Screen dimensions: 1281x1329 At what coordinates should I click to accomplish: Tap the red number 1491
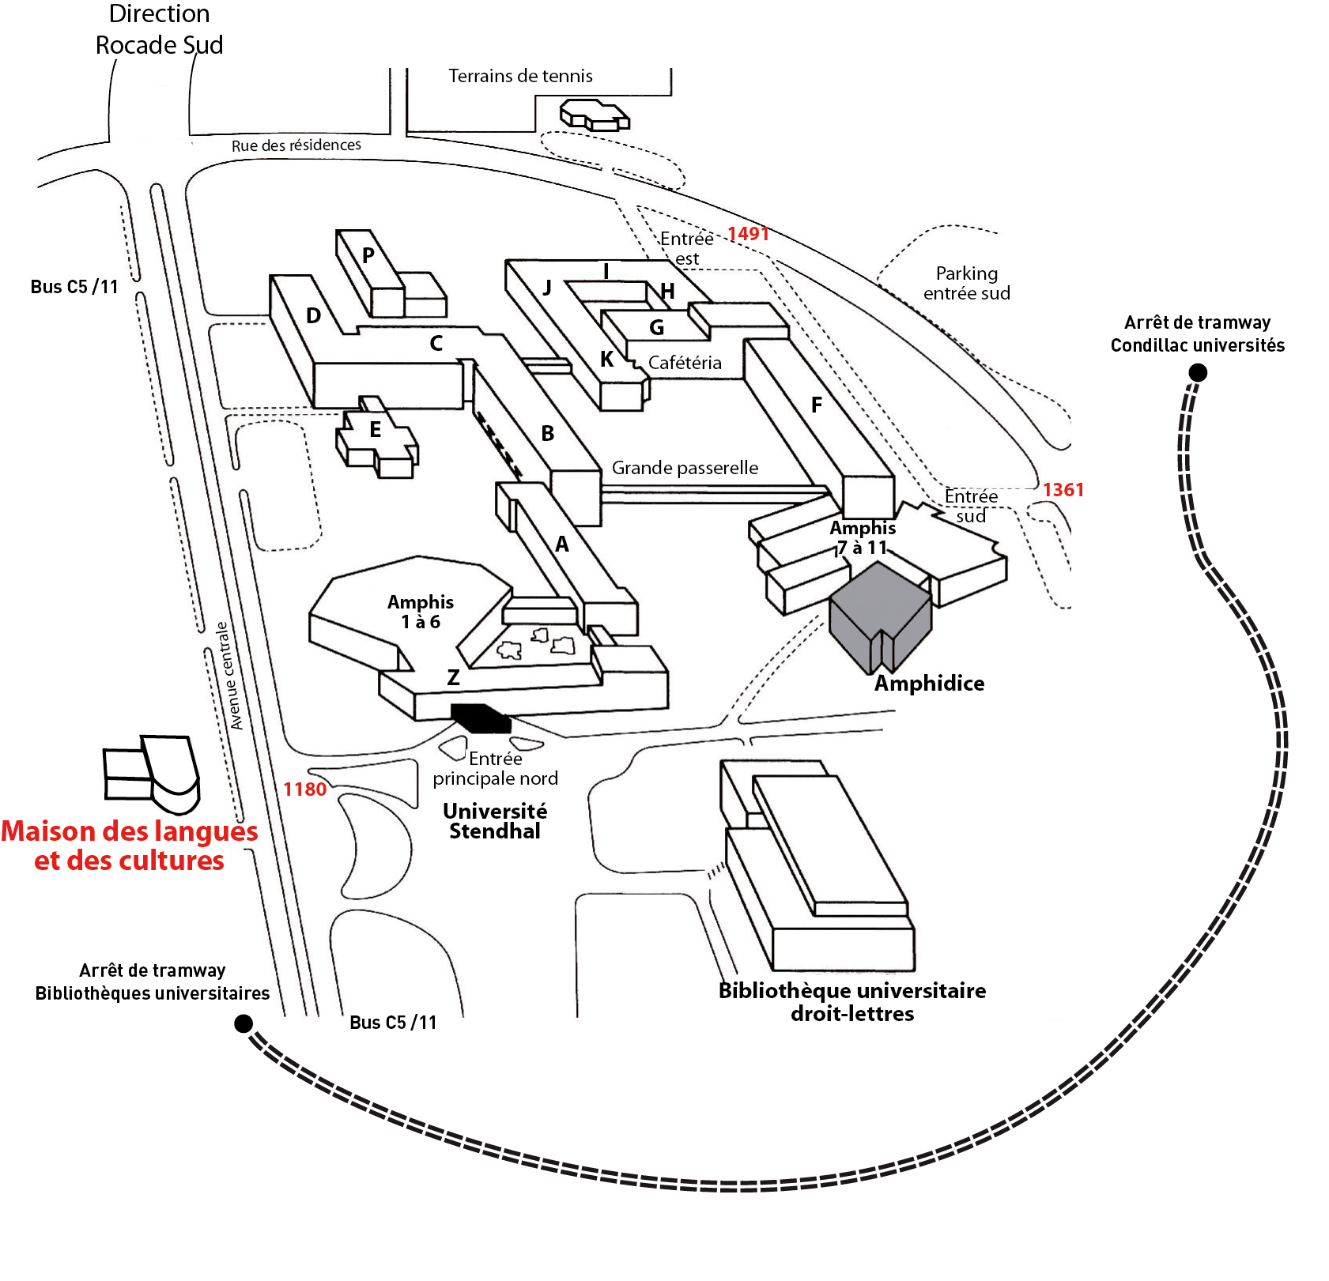tap(748, 234)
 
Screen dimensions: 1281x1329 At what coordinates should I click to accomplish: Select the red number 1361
tap(1063, 490)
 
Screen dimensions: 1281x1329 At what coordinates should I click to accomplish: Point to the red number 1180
tap(304, 789)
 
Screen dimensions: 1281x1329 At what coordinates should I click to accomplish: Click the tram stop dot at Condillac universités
tap(1198, 372)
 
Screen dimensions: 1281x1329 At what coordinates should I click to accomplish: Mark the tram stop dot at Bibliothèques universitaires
tap(244, 1024)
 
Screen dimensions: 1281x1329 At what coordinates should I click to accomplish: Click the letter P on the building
tap(368, 255)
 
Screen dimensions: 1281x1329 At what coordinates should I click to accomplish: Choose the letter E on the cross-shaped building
tap(376, 430)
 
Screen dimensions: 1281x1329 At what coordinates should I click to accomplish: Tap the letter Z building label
tap(453, 677)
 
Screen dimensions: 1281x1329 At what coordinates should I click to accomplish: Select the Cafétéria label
tap(685, 363)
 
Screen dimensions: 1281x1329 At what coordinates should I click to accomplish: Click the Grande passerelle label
tap(685, 468)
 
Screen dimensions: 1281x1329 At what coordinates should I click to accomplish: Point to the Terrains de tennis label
tap(520, 76)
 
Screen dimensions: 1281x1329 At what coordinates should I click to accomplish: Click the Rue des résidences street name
tap(296, 145)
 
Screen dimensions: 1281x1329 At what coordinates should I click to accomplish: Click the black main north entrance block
tap(481, 718)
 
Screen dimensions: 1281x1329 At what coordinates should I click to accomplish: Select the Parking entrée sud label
tap(966, 283)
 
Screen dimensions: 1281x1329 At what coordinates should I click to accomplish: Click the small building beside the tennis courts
tap(595, 115)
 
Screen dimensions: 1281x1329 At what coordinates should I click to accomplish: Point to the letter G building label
tap(656, 327)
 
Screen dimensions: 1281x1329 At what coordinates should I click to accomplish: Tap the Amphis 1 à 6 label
tap(420, 612)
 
